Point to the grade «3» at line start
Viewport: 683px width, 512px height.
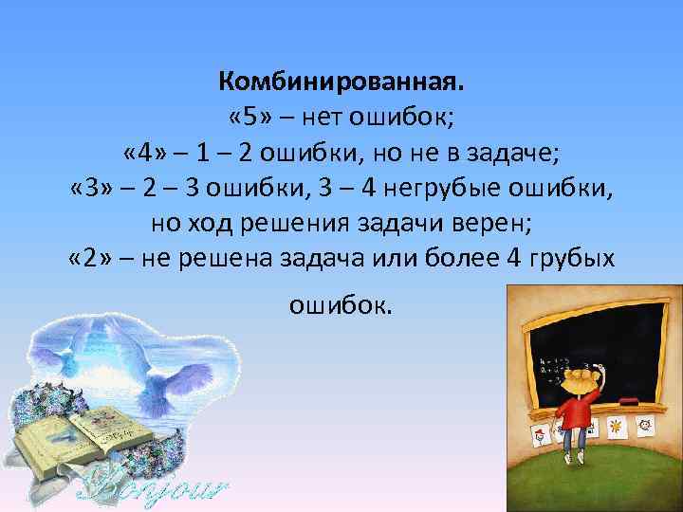pos(92,189)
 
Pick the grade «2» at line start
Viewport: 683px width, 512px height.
pos(92,258)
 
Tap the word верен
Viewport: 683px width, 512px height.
pos(500,224)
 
